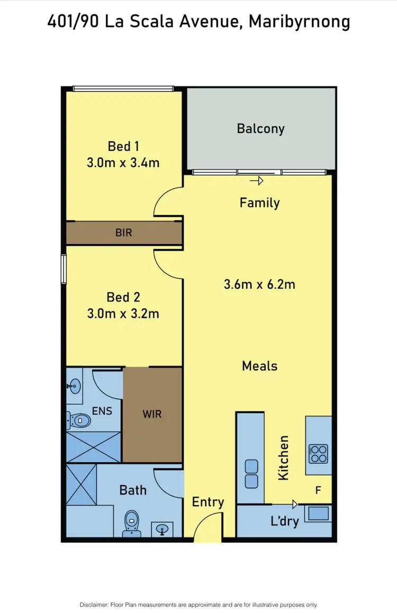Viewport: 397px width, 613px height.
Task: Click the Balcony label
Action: (x=260, y=129)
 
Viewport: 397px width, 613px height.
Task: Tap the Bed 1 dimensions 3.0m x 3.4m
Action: (x=123, y=162)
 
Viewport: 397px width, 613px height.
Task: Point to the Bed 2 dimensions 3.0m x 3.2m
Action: (x=123, y=314)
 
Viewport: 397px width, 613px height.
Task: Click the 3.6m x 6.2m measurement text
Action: (x=259, y=285)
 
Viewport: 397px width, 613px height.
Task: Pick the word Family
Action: (x=259, y=203)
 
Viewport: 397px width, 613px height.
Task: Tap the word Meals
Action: (x=259, y=365)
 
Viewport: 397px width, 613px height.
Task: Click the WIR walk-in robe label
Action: (x=151, y=414)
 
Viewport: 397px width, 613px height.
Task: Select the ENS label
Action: (x=102, y=410)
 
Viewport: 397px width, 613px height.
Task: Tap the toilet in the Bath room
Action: (x=130, y=523)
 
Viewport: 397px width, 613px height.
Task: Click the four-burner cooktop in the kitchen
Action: (x=319, y=453)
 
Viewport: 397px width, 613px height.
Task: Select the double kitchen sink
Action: (x=251, y=473)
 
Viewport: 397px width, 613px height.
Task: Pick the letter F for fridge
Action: (x=318, y=490)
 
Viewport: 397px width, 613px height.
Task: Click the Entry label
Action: (x=207, y=501)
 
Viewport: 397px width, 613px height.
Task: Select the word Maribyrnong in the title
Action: (x=299, y=22)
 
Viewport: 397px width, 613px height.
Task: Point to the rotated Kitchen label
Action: (x=284, y=458)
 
